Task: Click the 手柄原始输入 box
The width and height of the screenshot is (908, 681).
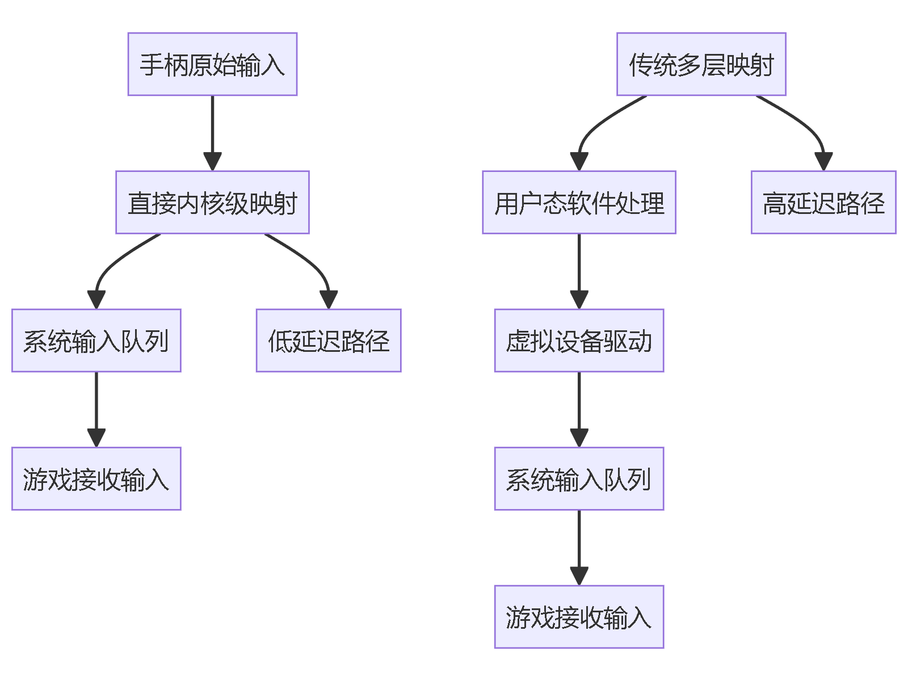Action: [212, 64]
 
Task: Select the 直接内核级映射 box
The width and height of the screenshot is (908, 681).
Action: [212, 203]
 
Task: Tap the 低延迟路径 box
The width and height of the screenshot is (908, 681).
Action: [329, 340]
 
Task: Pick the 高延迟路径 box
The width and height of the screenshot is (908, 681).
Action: [823, 203]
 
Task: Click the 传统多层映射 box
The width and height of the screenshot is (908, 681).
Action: [701, 64]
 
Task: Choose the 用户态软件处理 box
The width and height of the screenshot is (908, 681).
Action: [579, 203]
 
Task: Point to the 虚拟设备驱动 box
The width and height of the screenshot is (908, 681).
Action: [579, 340]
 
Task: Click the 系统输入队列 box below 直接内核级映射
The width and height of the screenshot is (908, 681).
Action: [96, 340]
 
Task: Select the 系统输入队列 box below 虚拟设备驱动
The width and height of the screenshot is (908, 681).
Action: [579, 478]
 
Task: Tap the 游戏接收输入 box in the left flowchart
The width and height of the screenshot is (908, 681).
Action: [96, 478]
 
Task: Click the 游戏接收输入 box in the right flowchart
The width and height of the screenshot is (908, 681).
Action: [579, 617]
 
